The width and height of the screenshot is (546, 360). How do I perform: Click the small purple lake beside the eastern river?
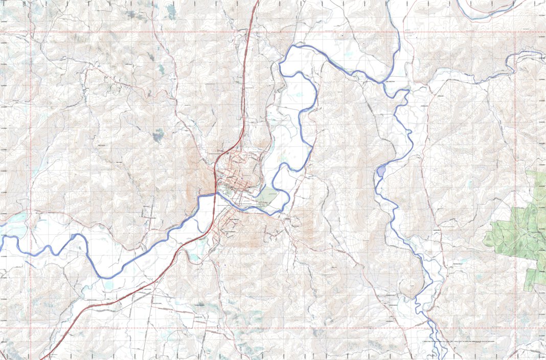[x=380, y=171]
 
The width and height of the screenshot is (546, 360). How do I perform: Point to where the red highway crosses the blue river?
[x=214, y=195]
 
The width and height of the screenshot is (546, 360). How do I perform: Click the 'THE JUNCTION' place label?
[x=391, y=80]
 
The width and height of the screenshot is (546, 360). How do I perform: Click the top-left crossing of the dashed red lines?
[x=30, y=32]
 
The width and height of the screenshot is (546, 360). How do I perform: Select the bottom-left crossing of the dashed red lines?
[x=30, y=328]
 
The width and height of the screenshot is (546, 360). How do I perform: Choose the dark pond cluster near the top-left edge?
[x=135, y=14]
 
